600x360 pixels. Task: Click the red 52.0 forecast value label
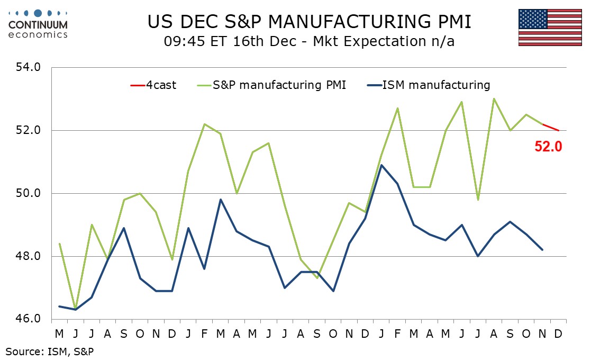(x=548, y=147)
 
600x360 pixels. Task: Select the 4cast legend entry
(x=154, y=85)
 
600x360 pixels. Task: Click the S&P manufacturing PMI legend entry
(x=272, y=85)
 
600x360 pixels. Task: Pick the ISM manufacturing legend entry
(x=429, y=85)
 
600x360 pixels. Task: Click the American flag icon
(x=550, y=28)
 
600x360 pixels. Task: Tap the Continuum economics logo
(x=38, y=24)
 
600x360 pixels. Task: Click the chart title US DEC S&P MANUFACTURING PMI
(x=309, y=22)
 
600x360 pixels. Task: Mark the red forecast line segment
(x=551, y=127)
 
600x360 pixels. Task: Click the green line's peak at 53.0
(x=494, y=99)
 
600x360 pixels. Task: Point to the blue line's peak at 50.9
(x=381, y=165)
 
